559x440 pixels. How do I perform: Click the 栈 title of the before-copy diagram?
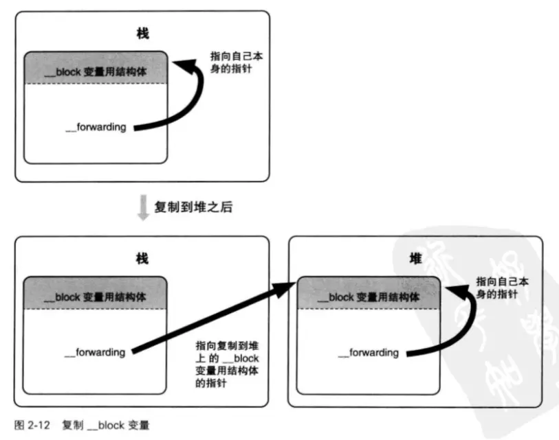click(x=143, y=32)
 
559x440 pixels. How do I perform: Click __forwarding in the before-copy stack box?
click(x=96, y=127)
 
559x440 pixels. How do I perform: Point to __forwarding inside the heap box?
click(x=369, y=353)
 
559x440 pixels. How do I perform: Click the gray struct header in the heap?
click(x=369, y=297)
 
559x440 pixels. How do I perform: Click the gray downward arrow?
click(x=143, y=207)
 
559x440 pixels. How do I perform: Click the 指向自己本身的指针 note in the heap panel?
click(x=506, y=288)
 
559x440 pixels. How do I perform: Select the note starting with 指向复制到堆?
click(x=229, y=365)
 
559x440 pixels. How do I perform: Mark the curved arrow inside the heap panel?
click(x=459, y=323)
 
